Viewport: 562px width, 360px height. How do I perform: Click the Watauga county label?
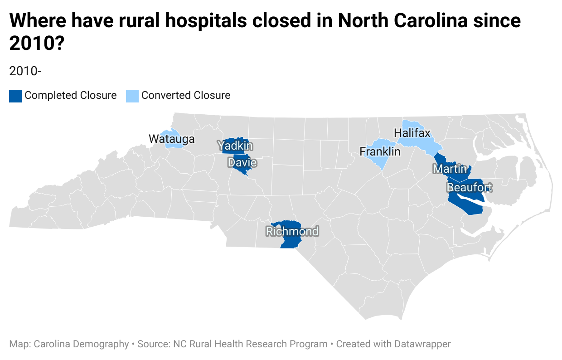click(172, 139)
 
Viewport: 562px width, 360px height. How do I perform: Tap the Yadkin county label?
click(235, 146)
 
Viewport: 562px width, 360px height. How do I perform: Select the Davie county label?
click(242, 162)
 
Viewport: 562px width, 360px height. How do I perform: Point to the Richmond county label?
click(292, 232)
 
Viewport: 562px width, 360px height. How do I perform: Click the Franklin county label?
click(380, 151)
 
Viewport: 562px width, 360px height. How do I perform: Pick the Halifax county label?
click(412, 133)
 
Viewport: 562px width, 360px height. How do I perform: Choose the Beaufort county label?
click(469, 187)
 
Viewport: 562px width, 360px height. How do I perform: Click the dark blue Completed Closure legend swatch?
click(15, 96)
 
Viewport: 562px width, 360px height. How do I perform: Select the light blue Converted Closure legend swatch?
click(132, 96)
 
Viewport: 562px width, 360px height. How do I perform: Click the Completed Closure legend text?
click(70, 96)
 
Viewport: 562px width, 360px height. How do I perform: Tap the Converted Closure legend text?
click(186, 96)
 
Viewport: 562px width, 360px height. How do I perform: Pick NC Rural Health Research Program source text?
click(250, 344)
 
